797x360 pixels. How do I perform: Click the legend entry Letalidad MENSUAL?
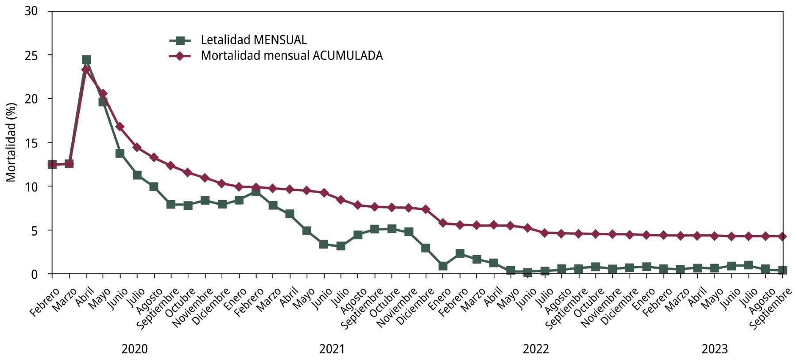pyautogui.click(x=253, y=40)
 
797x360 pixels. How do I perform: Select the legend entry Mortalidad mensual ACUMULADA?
pyautogui.click(x=291, y=56)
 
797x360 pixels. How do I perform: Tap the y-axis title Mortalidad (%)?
pyautogui.click(x=11, y=142)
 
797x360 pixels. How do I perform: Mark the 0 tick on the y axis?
pyautogui.click(x=34, y=275)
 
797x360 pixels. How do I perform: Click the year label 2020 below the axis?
pyautogui.click(x=135, y=349)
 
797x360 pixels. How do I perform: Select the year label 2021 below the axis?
pyautogui.click(x=332, y=349)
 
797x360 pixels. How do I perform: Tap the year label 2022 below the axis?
pyautogui.click(x=536, y=349)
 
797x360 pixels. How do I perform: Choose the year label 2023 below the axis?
pyautogui.click(x=715, y=349)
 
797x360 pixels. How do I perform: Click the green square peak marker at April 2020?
pyautogui.click(x=86, y=60)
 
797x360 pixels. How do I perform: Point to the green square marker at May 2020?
pyautogui.click(x=103, y=102)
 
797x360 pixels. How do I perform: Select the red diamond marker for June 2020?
pyautogui.click(x=120, y=127)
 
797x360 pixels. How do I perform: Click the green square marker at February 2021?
pyautogui.click(x=256, y=191)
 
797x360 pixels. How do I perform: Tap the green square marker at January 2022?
pyautogui.click(x=443, y=266)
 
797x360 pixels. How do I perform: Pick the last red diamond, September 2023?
pyautogui.click(x=782, y=236)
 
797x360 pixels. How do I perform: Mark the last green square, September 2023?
pyautogui.click(x=782, y=270)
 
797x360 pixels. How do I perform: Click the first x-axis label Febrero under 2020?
pyautogui.click(x=44, y=302)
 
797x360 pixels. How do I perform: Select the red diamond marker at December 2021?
pyautogui.click(x=426, y=209)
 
